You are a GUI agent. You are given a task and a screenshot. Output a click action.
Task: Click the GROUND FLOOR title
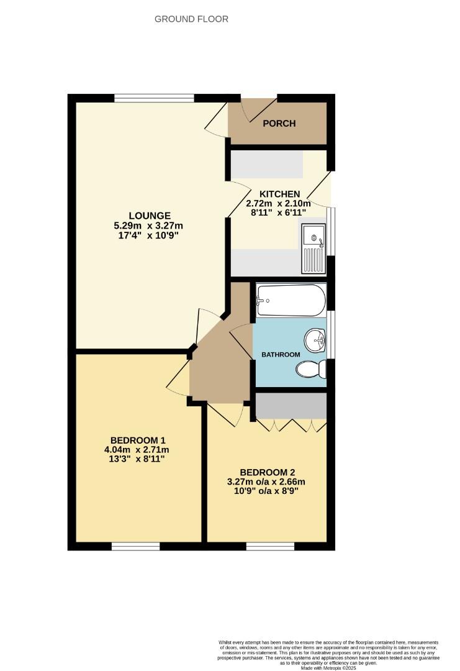191,19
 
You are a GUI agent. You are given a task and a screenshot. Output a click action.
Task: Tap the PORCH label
279,123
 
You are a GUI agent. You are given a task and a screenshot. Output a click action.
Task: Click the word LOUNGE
147,216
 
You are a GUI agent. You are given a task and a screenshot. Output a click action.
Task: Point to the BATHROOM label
281,355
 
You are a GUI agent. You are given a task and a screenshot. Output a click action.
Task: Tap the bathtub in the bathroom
291,300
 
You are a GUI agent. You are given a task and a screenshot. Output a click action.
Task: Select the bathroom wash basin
315,340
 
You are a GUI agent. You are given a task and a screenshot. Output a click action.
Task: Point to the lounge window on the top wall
155,98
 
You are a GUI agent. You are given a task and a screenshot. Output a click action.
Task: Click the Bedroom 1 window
135,546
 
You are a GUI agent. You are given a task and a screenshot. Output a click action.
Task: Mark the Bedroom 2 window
270,546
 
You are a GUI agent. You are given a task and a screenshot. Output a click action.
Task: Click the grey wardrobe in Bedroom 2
291,406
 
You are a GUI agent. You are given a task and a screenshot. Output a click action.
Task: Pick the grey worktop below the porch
267,165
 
